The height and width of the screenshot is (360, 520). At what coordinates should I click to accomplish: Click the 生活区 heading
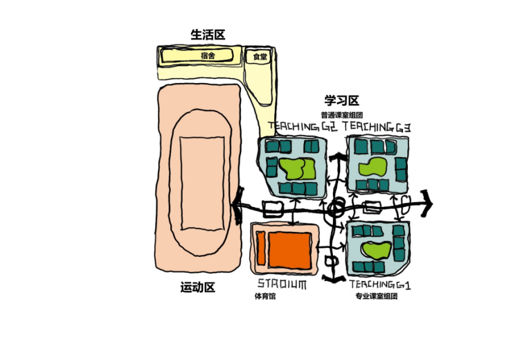click(x=208, y=35)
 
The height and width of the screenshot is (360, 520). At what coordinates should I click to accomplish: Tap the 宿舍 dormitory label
click(x=208, y=56)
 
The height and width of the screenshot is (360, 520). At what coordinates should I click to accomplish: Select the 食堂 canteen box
click(x=260, y=56)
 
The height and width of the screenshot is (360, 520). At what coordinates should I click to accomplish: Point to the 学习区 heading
click(x=341, y=101)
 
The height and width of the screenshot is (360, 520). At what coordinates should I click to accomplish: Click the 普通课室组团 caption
click(x=341, y=114)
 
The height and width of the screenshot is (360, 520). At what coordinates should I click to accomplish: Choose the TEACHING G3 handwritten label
click(x=377, y=126)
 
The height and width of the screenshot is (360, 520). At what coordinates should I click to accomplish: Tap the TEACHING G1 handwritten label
click(x=380, y=284)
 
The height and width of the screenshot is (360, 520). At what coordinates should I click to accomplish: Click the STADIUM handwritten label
click(x=282, y=284)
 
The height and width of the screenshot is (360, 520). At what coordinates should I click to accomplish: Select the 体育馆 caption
click(x=265, y=296)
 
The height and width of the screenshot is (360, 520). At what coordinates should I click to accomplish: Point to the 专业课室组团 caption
click(x=375, y=296)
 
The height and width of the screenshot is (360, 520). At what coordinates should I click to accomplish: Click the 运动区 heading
click(x=198, y=288)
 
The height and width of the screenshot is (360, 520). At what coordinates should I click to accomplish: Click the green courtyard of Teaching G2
click(x=297, y=168)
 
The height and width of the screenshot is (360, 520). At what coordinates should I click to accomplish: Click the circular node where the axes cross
click(x=335, y=208)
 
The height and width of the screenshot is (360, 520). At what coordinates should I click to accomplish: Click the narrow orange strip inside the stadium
click(x=260, y=249)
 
